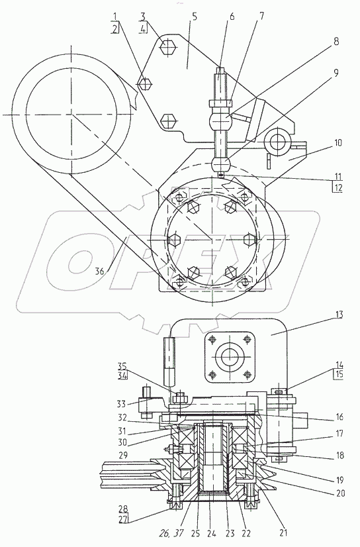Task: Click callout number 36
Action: (x=100, y=271)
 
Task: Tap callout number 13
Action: (x=337, y=315)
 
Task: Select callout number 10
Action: (x=337, y=142)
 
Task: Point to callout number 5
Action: (x=194, y=17)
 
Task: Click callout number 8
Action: (x=336, y=42)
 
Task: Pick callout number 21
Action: (x=283, y=532)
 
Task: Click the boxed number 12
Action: (x=337, y=188)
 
